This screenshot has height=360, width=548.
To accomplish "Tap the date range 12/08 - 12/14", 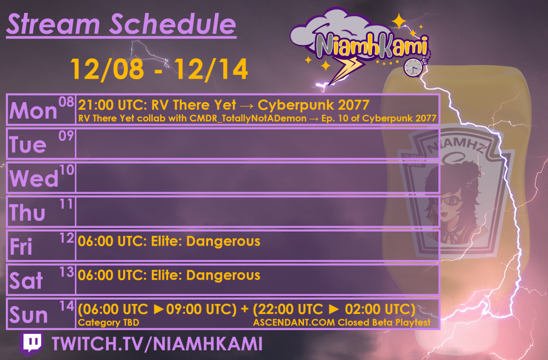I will (159, 69).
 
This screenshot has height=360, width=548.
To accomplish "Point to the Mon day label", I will (33, 111).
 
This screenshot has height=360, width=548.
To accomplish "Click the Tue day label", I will (28, 145).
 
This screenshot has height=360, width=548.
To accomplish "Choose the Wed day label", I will (34, 179).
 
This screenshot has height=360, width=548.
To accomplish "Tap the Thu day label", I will (28, 213).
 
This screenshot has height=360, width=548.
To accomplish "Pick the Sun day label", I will (29, 315).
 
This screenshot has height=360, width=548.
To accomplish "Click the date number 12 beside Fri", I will (66, 238).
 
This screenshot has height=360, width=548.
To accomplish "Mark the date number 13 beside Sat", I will (66, 272).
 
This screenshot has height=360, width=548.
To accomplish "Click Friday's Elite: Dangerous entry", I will (169, 241).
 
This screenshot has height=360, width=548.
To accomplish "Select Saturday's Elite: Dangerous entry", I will (169, 275).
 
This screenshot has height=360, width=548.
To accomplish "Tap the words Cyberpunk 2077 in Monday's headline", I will (314, 104).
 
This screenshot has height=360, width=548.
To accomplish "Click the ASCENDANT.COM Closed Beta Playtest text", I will (342, 323).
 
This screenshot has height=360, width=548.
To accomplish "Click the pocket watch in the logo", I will (413, 66).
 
